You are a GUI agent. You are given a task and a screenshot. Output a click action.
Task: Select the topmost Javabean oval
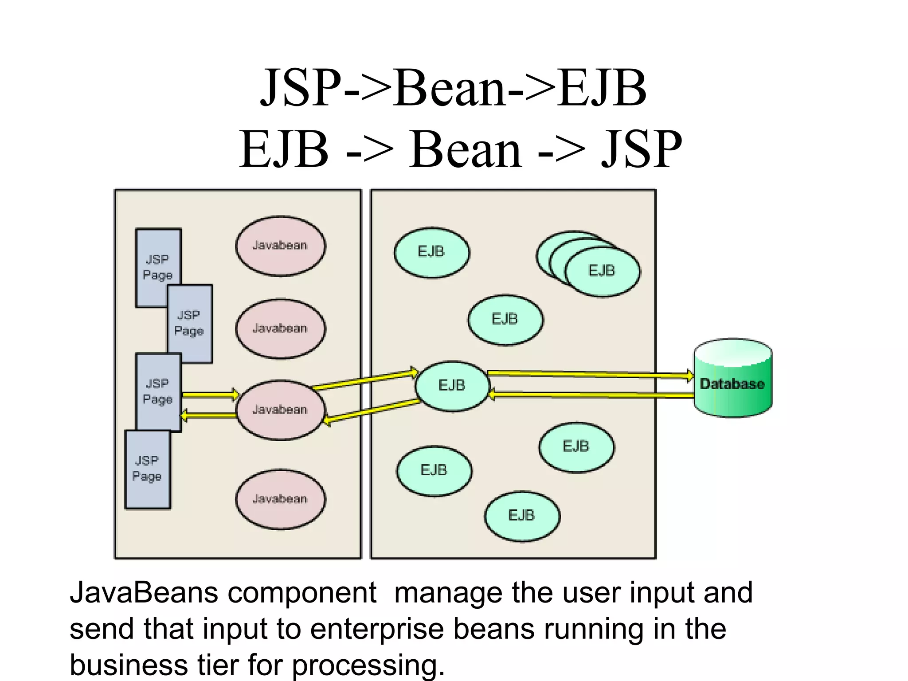tap(280, 246)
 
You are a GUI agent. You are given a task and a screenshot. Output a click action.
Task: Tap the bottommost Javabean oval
tap(280, 499)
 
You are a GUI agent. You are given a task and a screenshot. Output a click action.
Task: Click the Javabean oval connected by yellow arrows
tap(280, 410)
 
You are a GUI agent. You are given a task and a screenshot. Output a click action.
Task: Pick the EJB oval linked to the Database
tap(452, 386)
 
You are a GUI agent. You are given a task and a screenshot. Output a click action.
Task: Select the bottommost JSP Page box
tap(147, 469)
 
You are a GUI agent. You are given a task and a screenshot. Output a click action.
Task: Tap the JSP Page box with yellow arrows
tap(158, 391)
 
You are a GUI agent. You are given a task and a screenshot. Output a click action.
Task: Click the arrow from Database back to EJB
tap(590, 395)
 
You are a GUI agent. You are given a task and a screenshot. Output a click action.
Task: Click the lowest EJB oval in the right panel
tap(522, 516)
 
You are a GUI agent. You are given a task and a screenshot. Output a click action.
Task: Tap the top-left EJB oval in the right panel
tap(431, 252)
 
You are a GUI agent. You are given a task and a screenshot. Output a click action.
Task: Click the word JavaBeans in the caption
tap(144, 593)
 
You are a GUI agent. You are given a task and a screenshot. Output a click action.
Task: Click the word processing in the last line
tap(368, 665)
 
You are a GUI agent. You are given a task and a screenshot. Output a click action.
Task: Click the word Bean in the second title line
tap(466, 149)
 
